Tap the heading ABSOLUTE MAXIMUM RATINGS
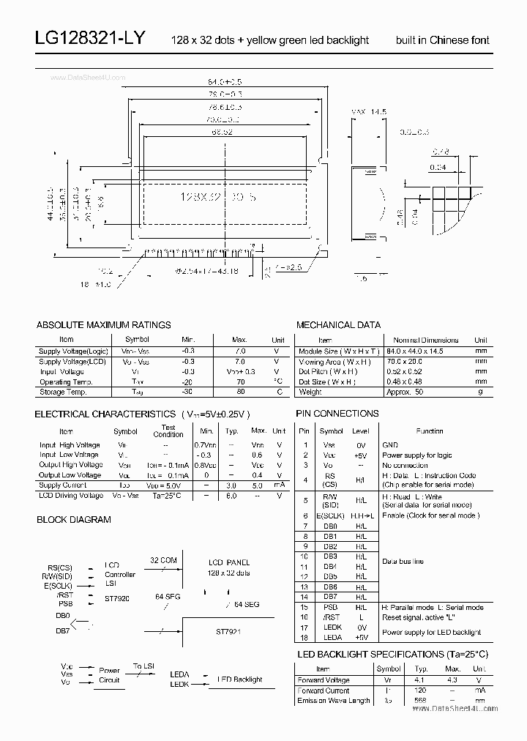click(103, 324)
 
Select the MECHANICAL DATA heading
click(338, 324)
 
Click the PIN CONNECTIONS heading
click(337, 414)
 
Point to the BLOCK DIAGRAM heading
click(74, 519)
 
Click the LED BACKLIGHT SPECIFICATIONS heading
click(392, 654)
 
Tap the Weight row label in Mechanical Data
click(310, 392)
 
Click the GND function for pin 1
click(390, 445)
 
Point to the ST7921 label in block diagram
click(228, 630)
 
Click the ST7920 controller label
click(117, 597)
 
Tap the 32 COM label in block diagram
click(162, 560)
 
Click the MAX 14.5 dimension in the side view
click(369, 111)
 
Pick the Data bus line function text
click(403, 562)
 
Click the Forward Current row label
click(324, 690)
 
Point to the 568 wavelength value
click(420, 701)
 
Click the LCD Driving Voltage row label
click(70, 496)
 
